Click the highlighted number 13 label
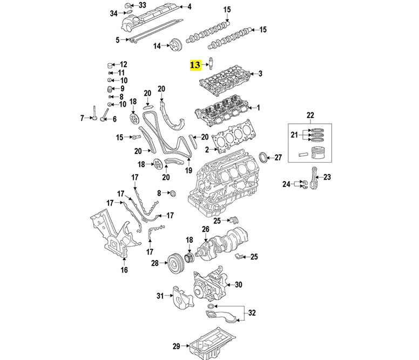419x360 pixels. [195, 65]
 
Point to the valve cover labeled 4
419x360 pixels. [149, 19]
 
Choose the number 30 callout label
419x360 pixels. [239, 285]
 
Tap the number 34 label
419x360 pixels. [113, 13]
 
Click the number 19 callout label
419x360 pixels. [188, 170]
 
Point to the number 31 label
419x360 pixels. [160, 296]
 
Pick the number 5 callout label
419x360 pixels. [118, 39]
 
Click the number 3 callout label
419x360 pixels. [260, 74]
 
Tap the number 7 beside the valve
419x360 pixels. [83, 118]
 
